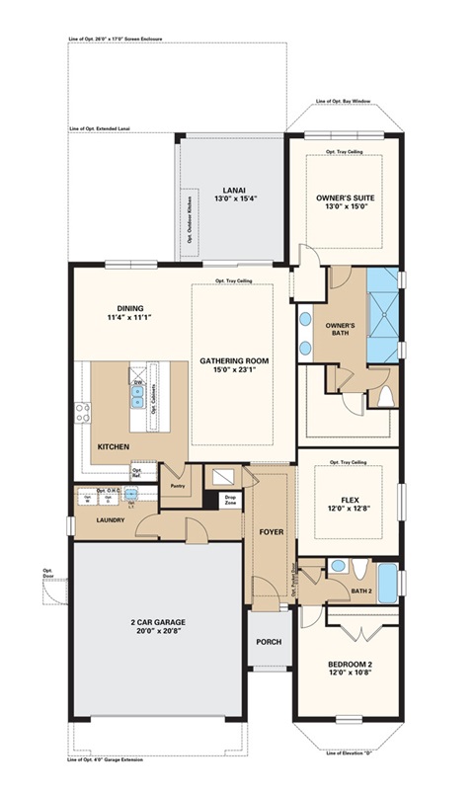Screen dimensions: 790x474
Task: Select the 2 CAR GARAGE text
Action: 156,622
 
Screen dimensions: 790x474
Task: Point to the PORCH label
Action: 268,642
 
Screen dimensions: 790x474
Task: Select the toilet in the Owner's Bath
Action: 386,396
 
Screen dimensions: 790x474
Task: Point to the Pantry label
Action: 178,486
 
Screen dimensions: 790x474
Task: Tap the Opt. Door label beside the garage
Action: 46,574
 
